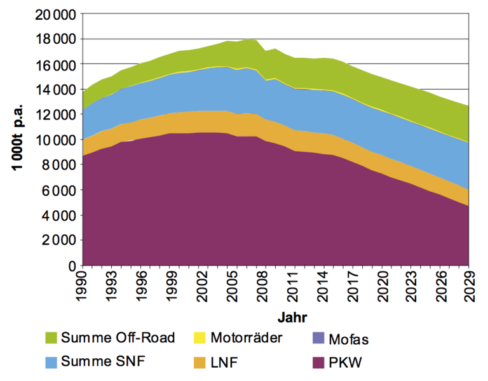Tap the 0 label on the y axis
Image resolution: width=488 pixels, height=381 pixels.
[72, 265]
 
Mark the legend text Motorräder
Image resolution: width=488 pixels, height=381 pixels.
[245, 337]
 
